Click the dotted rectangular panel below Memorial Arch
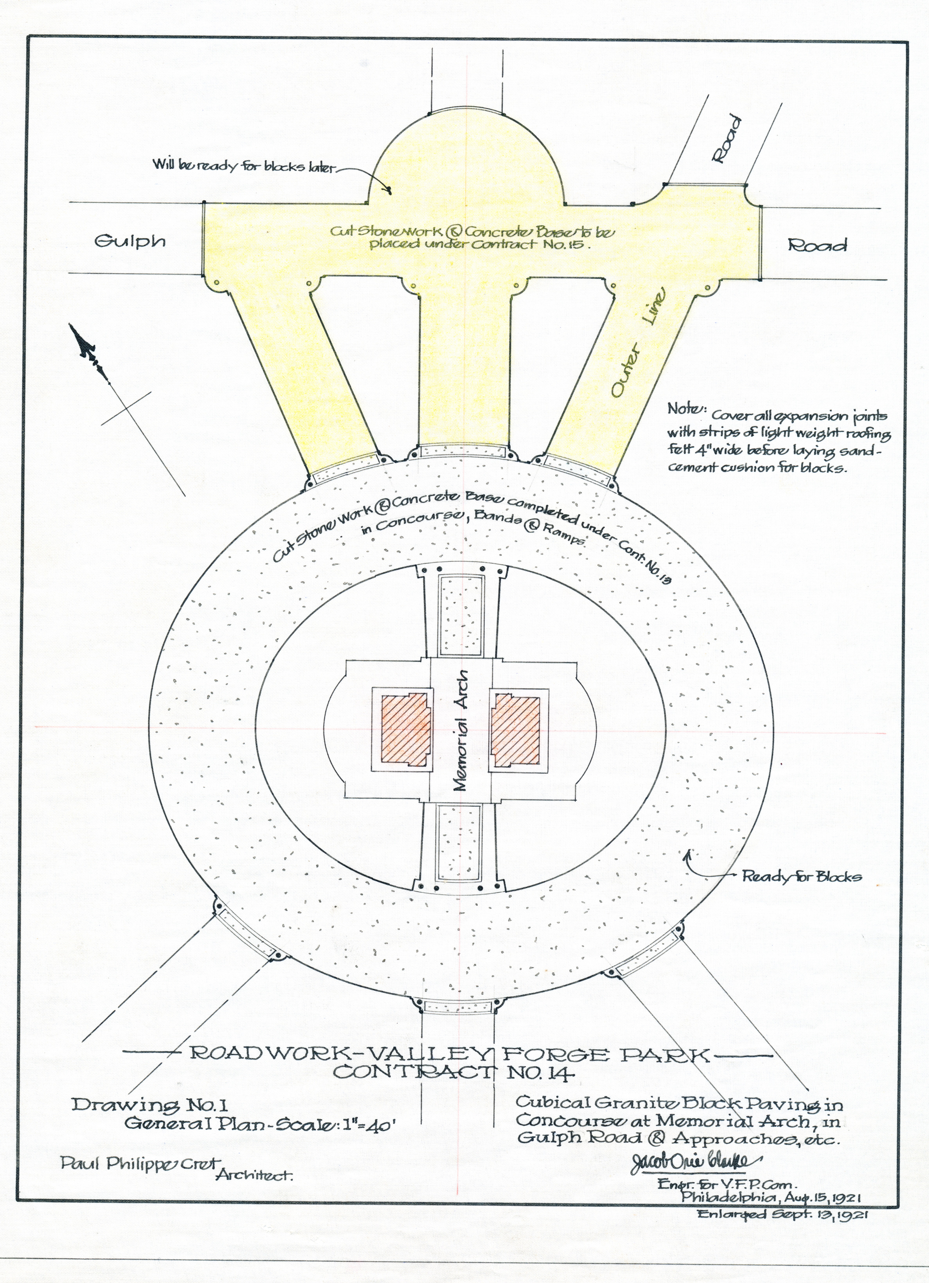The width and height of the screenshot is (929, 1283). [459, 843]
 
